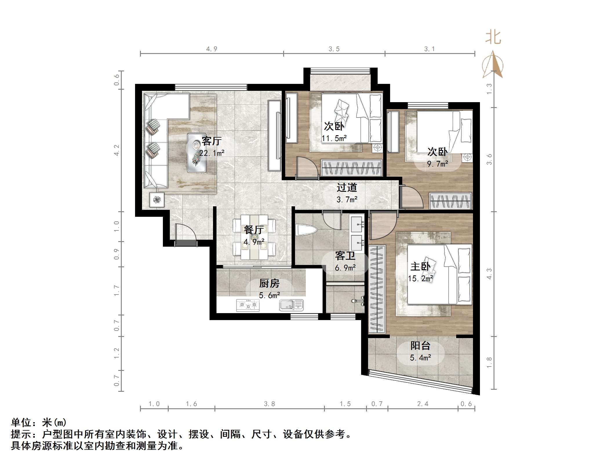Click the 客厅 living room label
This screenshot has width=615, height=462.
coord(212,141)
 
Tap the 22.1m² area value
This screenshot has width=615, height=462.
coord(212,153)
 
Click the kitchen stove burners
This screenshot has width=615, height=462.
coord(248,305)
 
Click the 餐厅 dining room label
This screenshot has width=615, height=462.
coord(254,230)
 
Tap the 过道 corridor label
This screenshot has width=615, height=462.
coord(347,187)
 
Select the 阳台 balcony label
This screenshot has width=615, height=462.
coord(420,346)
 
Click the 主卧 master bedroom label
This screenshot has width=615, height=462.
coord(420,266)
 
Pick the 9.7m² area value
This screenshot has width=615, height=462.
coord(438,164)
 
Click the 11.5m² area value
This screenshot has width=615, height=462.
coord(334,138)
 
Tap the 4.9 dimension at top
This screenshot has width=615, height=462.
coord(212,49)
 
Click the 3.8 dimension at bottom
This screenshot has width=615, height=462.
coord(269,404)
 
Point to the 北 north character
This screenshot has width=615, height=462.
coord(493,38)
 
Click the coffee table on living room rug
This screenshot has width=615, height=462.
coord(196,153)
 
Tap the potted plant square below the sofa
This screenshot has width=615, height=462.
coord(157,200)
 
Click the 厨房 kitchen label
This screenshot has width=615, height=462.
coord(269,283)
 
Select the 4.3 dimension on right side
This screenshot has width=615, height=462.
coord(489,274)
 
